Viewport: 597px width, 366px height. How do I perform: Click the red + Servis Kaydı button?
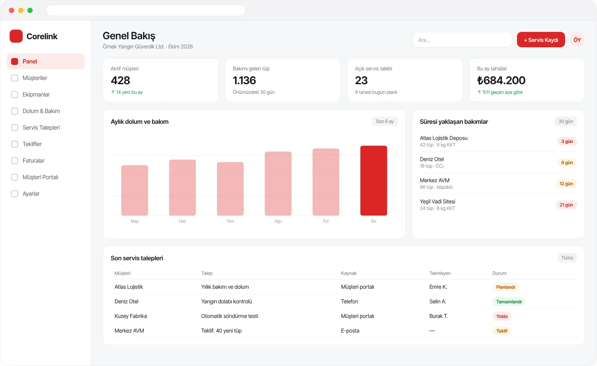click(x=541, y=40)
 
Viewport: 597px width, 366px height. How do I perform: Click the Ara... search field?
click(x=462, y=40)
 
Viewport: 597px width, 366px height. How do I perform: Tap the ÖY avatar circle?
click(x=577, y=40)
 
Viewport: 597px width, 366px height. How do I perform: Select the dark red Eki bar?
click(x=374, y=181)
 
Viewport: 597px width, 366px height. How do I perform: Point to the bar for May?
click(x=135, y=190)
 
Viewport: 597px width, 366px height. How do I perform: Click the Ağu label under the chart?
click(x=278, y=221)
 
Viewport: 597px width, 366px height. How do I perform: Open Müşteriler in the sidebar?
click(x=35, y=78)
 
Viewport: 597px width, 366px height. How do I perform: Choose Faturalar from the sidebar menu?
click(x=33, y=161)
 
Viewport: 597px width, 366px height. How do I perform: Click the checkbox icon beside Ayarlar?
click(x=15, y=194)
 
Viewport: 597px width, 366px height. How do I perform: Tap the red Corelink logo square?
click(x=16, y=36)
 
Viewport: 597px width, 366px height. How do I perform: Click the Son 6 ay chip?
click(x=385, y=121)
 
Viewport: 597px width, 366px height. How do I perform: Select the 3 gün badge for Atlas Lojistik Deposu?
click(x=567, y=141)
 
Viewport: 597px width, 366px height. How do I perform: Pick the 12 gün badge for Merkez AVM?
click(x=566, y=184)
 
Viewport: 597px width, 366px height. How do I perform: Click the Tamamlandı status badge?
click(x=509, y=301)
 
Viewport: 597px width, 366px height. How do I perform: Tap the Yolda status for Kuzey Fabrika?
click(x=502, y=316)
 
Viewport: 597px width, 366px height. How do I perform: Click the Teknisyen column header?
click(x=440, y=273)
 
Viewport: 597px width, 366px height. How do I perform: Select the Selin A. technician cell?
click(x=438, y=301)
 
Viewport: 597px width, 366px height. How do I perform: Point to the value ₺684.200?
click(x=501, y=80)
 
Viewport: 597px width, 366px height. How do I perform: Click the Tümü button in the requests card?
click(x=567, y=258)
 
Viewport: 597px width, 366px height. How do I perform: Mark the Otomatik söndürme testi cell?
click(x=230, y=316)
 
